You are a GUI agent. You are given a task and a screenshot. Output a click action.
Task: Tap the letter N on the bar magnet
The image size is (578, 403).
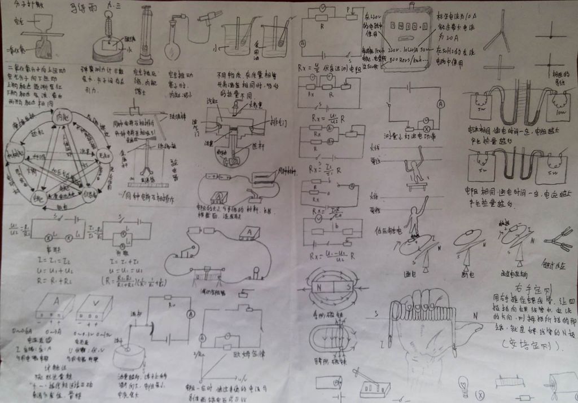(320, 286)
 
